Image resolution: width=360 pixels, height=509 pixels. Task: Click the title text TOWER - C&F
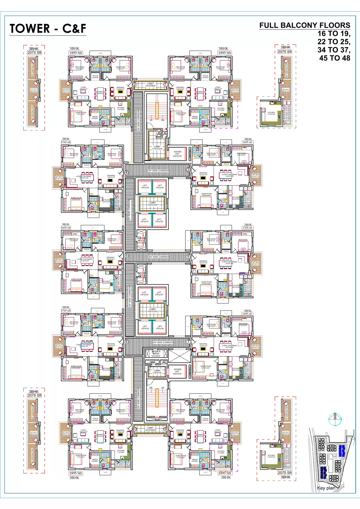coord(48,29)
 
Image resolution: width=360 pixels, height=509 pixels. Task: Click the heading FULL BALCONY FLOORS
coord(305,25)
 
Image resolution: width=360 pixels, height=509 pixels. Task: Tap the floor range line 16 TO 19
coord(334,34)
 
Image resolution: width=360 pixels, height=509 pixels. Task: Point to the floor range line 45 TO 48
coord(335,58)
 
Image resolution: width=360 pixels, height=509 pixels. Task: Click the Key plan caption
coord(326,488)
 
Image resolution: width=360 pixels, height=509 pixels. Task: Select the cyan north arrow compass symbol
coord(335,419)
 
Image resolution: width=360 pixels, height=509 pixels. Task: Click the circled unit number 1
coord(166,84)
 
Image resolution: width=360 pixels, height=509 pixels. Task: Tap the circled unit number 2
coord(135,84)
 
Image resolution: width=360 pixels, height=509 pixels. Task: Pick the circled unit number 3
coord(188,170)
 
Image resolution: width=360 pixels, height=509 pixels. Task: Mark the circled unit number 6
coord(126,256)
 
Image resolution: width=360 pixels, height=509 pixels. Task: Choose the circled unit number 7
coord(189,342)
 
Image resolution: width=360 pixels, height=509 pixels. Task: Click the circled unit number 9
coord(166,429)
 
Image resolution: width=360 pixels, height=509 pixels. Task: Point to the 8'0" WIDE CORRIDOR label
coord(159,171)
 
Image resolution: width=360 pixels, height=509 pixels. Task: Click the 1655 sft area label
coord(66,228)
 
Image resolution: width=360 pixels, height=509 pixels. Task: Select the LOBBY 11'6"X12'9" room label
coord(157,148)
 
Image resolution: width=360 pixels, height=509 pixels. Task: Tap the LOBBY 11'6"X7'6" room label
coord(157,372)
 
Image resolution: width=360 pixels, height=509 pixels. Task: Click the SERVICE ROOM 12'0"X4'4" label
coord(156,354)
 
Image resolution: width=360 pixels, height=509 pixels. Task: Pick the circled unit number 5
coord(188,257)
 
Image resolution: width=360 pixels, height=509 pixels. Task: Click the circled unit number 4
coord(126,173)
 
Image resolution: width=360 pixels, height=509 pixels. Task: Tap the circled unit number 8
coord(126,342)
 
